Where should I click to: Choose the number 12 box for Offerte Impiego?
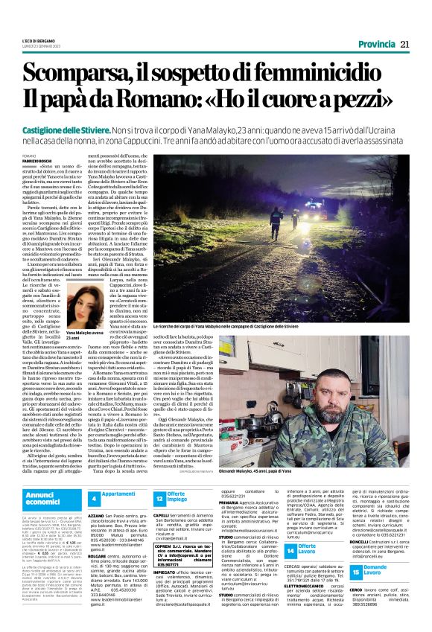(160, 497)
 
